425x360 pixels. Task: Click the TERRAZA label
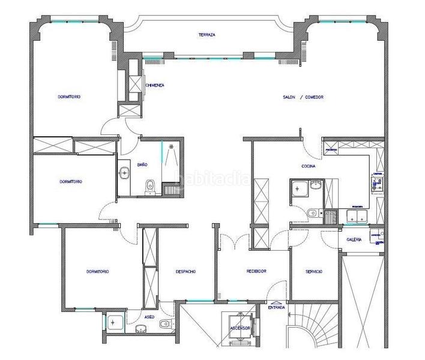click(x=207, y=35)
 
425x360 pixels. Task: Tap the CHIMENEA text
click(x=155, y=85)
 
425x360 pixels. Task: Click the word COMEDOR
click(x=315, y=97)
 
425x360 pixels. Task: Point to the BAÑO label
click(x=142, y=164)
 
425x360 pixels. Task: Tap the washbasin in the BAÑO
click(x=124, y=173)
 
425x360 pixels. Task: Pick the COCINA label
click(x=309, y=167)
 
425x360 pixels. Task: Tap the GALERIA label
click(x=354, y=239)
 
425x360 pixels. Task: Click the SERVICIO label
click(x=314, y=271)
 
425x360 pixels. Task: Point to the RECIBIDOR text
click(x=256, y=271)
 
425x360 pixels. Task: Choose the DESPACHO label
click(x=185, y=271)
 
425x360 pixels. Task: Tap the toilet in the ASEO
click(x=164, y=325)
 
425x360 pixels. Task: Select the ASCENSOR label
click(x=239, y=328)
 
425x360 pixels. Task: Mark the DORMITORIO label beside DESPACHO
click(x=97, y=271)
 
